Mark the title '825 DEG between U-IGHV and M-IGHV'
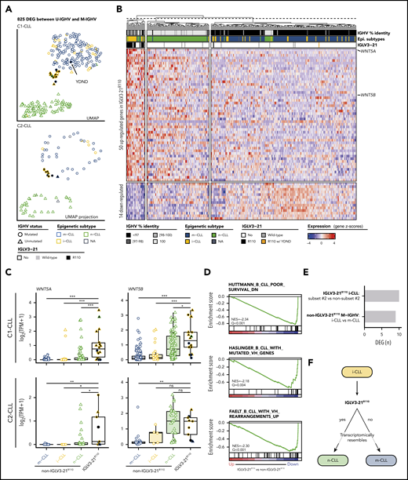click(x=49, y=14)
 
